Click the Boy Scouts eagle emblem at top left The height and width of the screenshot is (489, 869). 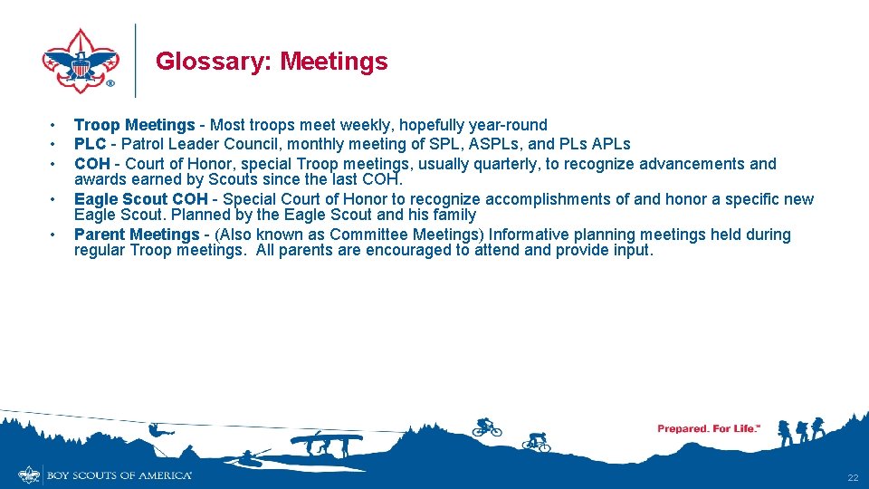(81, 61)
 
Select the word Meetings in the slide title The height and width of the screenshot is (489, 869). (334, 62)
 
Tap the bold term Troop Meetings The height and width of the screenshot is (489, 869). (134, 125)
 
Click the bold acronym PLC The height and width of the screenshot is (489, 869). (91, 144)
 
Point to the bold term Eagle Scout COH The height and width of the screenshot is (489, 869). (140, 199)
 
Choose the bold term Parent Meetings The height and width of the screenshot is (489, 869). (136, 235)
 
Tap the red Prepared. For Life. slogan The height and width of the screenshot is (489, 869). (709, 428)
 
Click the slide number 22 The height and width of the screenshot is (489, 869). (852, 477)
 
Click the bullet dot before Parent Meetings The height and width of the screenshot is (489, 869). (54, 235)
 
